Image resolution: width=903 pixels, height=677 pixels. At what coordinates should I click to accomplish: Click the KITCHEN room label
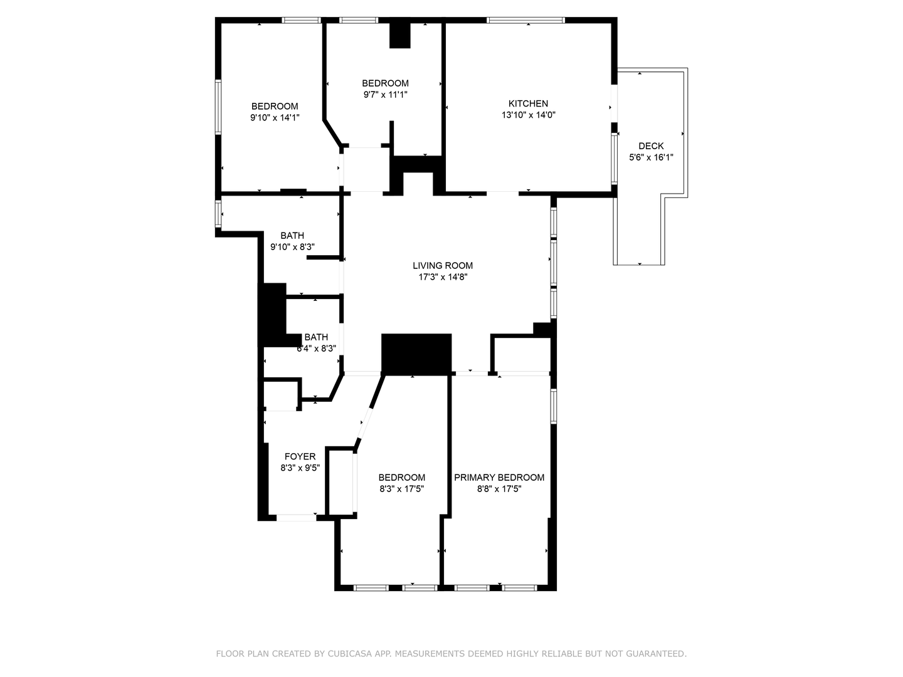(528, 103)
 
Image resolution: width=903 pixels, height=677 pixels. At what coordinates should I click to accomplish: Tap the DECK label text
(651, 146)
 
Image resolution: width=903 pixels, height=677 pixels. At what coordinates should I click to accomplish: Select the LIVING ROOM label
(443, 265)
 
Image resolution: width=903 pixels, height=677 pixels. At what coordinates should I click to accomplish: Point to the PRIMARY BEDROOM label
(499, 477)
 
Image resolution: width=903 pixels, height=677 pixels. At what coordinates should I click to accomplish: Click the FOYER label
(300, 456)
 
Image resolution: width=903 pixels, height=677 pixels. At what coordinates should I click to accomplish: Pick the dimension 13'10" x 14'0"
(528, 115)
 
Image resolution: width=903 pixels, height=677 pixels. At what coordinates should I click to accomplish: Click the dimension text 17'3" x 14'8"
(443, 277)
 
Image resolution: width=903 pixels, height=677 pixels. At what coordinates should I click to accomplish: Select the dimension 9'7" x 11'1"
(385, 95)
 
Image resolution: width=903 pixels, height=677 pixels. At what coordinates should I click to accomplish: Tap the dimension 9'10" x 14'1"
(275, 117)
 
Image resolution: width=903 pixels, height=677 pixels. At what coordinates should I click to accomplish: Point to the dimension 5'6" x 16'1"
(651, 157)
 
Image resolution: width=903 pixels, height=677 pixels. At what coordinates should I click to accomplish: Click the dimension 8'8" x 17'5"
(499, 489)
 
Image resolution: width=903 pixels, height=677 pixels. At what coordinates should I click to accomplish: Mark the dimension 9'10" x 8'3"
(292, 247)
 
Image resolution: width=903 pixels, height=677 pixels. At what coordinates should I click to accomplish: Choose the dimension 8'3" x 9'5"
(300, 468)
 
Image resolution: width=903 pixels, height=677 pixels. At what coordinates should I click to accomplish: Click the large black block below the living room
(416, 354)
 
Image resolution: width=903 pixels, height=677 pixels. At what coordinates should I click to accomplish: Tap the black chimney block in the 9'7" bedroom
(399, 35)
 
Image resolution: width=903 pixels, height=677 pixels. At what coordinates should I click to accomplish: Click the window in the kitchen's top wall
(526, 20)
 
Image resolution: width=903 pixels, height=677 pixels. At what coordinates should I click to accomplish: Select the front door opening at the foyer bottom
(296, 517)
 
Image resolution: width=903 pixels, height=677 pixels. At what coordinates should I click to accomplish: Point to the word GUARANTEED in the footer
(655, 654)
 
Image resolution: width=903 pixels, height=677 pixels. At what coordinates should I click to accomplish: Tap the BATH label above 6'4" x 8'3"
(316, 337)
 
